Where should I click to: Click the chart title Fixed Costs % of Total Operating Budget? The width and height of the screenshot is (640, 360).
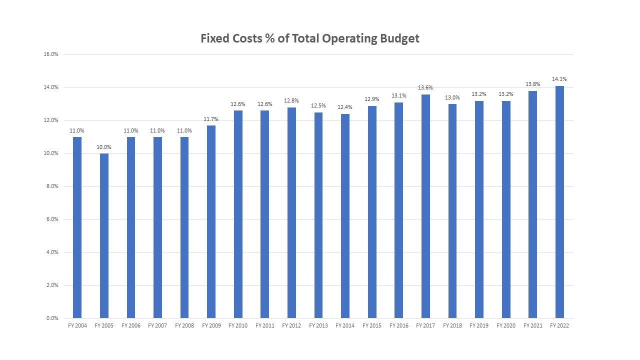(310, 38)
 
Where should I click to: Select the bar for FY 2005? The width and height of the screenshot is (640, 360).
(104, 235)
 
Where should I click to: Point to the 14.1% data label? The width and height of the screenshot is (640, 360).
(559, 79)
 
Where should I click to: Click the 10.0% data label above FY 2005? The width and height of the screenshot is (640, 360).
(104, 147)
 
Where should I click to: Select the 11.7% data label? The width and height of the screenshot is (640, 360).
(211, 119)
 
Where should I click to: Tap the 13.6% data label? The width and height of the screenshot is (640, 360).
(425, 87)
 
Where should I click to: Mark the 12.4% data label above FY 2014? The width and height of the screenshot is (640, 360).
(345, 107)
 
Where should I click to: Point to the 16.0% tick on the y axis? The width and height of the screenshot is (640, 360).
(51, 54)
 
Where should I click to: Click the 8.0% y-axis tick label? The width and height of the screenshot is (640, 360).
(51, 186)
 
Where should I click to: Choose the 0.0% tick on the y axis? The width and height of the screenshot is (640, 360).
(51, 318)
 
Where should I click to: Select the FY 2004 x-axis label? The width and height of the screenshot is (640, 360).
(77, 325)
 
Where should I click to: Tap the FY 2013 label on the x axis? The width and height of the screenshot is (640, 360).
(318, 325)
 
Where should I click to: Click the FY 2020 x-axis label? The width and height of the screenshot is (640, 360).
(505, 325)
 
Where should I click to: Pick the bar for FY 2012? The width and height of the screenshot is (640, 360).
(291, 212)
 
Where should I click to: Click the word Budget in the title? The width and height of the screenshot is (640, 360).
(399, 38)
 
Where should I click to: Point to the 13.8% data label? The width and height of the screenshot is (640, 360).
(532, 84)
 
